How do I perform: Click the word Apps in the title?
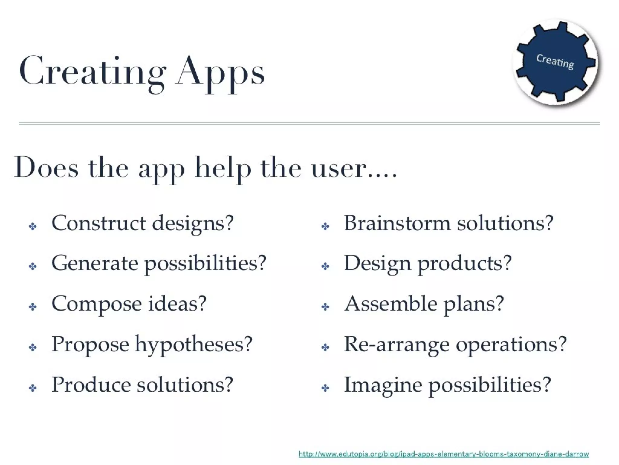[x=220, y=73]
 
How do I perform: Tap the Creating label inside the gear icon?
[x=555, y=61]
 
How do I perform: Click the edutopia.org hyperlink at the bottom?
[x=443, y=454]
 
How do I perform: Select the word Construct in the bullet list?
[x=99, y=223]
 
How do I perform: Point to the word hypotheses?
[x=193, y=345]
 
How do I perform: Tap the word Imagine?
[x=383, y=385]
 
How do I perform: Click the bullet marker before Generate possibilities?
[x=33, y=266]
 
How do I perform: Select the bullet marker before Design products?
[x=325, y=266]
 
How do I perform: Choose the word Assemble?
[x=391, y=304]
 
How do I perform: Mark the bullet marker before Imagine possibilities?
[x=325, y=388]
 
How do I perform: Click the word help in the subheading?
[x=223, y=169]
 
